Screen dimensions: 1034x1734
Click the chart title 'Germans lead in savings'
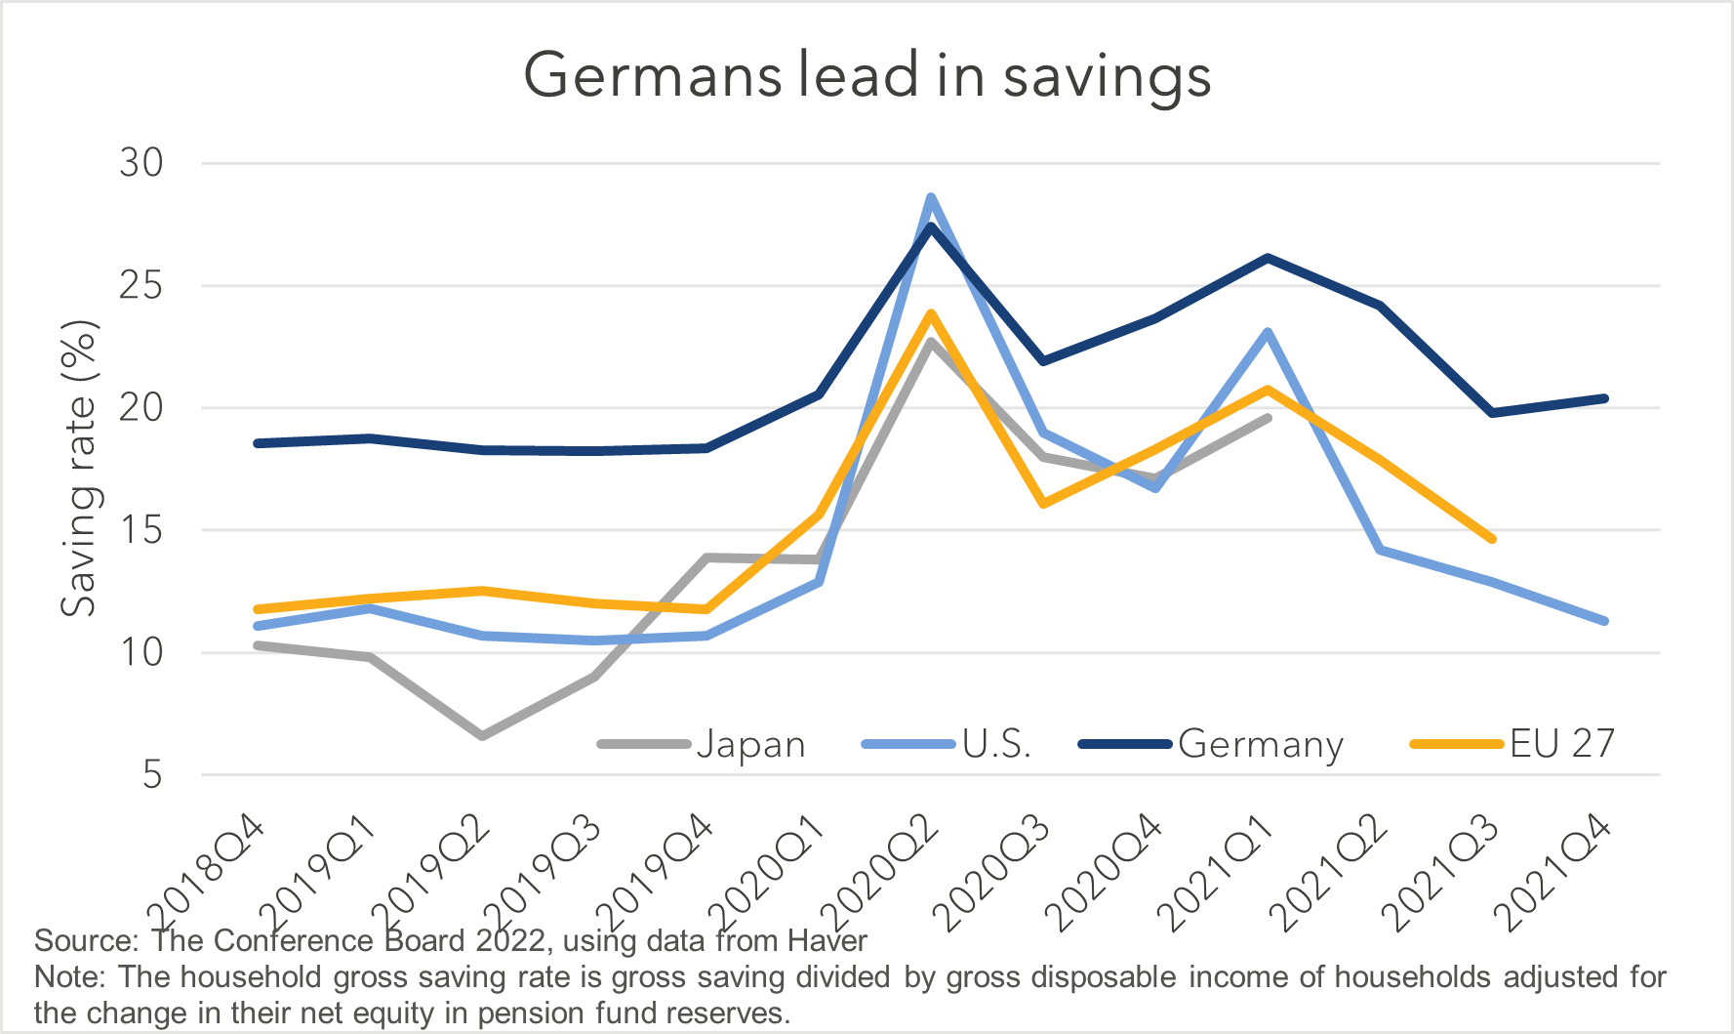867,76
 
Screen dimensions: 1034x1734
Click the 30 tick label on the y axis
141,163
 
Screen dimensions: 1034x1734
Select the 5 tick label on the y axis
152,775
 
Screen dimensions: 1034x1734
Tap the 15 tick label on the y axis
141,530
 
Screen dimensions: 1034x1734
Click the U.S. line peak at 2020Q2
931,197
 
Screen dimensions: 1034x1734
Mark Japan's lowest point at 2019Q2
482,735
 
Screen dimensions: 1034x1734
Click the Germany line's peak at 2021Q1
1268,258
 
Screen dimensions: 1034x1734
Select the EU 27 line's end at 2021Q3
1492,539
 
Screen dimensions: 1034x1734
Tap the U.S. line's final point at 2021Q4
1604,621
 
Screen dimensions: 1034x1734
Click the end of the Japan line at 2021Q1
1268,418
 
